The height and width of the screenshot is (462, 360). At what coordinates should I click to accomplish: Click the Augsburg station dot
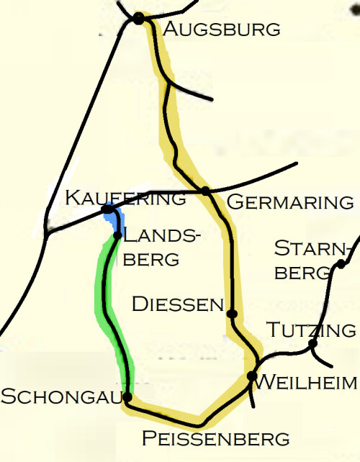[139, 18]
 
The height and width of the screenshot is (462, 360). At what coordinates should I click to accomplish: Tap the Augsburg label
[221, 30]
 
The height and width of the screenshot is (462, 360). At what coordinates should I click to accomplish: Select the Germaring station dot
[205, 191]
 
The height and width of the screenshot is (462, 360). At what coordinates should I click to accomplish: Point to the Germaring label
[290, 202]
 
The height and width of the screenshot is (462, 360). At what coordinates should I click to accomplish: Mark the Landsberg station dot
[117, 235]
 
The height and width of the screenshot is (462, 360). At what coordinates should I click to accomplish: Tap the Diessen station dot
[232, 314]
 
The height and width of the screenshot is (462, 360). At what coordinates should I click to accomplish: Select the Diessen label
[178, 304]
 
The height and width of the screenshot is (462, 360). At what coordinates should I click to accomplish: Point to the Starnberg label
[312, 261]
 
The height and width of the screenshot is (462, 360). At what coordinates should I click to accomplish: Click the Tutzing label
[311, 330]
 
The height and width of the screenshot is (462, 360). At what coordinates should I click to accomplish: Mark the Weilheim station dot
[252, 376]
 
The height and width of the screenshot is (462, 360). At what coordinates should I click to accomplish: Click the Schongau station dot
[127, 397]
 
